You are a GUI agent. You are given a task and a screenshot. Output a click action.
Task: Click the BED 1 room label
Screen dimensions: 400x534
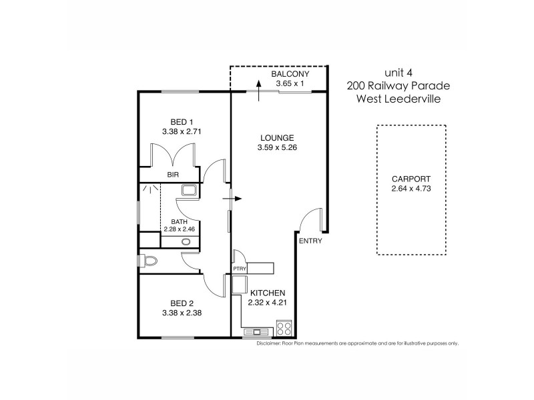point(182,121)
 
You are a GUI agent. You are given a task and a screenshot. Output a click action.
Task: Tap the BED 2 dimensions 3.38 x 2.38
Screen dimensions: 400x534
point(182,311)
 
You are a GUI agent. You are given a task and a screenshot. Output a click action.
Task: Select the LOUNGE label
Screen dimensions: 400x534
point(277,138)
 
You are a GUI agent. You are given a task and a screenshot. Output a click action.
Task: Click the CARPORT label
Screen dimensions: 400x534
point(411,179)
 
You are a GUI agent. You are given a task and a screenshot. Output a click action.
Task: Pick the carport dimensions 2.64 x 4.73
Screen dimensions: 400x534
point(411,189)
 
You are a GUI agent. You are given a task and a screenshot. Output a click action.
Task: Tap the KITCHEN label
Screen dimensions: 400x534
point(268,293)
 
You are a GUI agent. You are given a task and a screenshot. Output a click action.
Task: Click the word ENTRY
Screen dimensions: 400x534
point(310,241)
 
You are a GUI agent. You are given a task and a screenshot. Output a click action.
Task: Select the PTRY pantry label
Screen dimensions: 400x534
point(240,269)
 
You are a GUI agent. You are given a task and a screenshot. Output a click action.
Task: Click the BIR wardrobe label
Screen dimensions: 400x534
point(173,176)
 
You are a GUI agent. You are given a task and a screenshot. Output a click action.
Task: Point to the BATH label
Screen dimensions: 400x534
point(179,221)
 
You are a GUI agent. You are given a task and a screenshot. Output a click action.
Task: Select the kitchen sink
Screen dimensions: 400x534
point(256,331)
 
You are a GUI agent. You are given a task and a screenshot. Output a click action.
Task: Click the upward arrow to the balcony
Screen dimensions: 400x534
point(258,90)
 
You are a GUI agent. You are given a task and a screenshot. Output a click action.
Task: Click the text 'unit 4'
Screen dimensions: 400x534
point(399,73)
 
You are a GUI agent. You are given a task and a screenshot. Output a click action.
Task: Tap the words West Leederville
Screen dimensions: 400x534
point(399,99)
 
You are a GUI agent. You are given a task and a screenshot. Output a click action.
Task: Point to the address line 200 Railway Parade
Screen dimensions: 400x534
point(399,85)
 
